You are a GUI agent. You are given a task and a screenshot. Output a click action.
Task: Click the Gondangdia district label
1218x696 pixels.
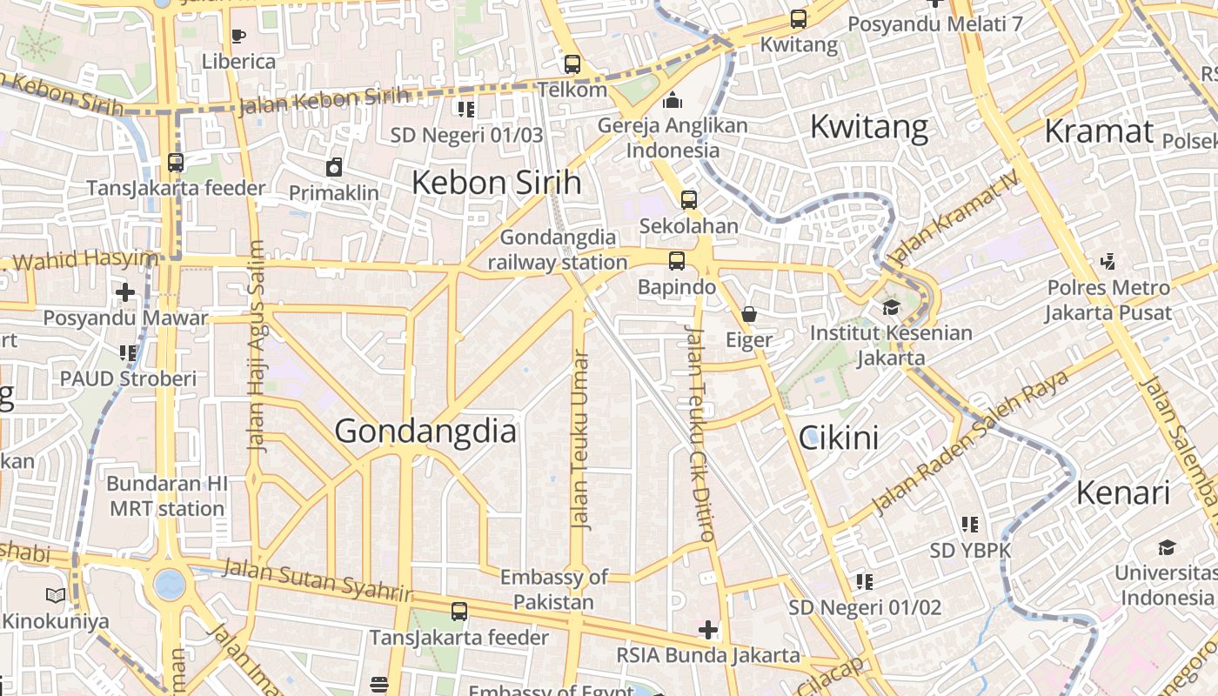point(425,432)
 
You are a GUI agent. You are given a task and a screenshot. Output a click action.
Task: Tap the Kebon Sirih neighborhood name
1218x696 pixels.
point(496,183)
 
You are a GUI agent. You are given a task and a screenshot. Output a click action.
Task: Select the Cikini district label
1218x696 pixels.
point(838,438)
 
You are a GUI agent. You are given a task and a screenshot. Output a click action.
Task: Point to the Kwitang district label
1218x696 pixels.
point(868,127)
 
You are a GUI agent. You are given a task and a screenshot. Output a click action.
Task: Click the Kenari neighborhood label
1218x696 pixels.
point(1123,493)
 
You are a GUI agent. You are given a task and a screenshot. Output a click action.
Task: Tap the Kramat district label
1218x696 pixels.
point(1098,131)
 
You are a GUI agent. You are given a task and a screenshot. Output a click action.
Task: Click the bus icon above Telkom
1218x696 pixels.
point(572,64)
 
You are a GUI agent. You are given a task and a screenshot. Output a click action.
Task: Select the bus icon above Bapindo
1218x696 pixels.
point(676,261)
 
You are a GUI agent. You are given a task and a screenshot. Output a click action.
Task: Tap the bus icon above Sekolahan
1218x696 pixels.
point(688,200)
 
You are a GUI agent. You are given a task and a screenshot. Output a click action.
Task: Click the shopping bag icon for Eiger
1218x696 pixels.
point(749,314)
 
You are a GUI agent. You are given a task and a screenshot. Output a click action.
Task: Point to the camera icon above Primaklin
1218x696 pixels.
point(334,167)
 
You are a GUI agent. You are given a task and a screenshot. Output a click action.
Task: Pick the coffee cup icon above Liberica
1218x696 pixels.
point(238,36)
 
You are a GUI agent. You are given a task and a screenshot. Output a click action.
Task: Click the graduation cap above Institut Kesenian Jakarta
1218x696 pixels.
point(891,307)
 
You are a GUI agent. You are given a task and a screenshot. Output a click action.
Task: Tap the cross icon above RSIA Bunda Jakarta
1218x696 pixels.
point(708,629)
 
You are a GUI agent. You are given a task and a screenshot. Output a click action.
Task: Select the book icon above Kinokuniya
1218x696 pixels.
point(56,596)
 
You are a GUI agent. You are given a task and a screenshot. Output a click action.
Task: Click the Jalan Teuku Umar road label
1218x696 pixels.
point(580,439)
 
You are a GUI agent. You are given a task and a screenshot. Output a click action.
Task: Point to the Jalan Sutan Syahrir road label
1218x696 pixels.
point(317,580)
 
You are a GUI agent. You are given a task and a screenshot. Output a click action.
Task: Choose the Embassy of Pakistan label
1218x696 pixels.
point(553,589)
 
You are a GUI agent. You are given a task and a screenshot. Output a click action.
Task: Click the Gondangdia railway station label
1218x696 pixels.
point(558,250)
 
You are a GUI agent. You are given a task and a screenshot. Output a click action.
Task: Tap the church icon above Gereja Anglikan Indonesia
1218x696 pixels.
point(672,101)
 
